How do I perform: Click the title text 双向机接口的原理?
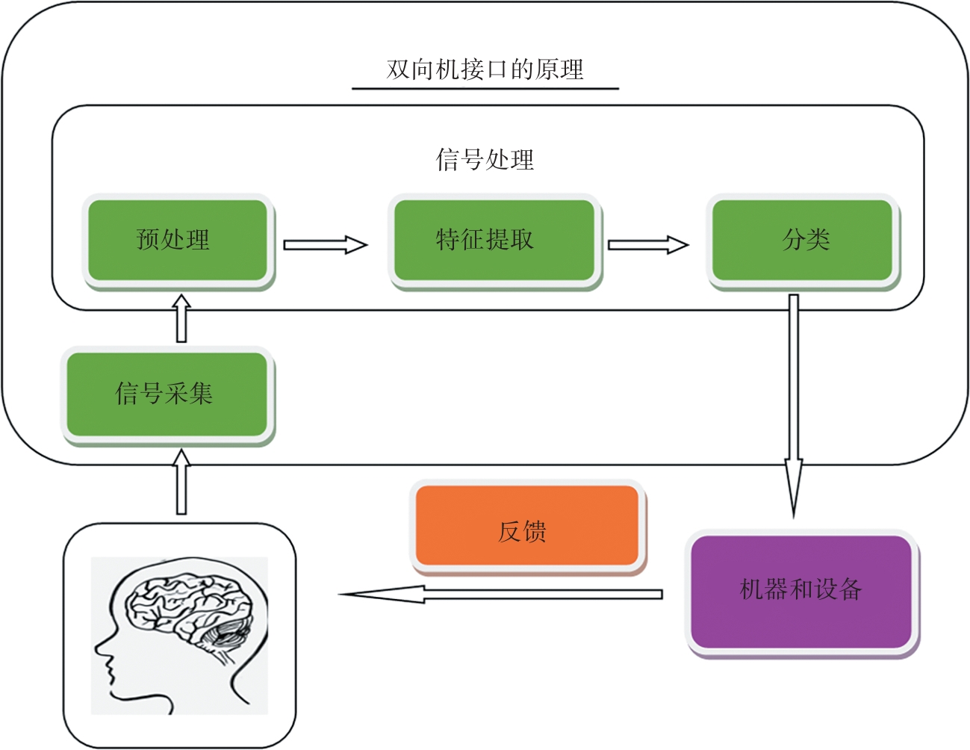[485, 69]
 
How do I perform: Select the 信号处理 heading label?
[485, 159]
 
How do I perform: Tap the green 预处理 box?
[177, 240]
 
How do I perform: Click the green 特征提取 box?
[494, 240]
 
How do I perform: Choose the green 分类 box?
[802, 240]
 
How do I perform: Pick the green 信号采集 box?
[167, 394]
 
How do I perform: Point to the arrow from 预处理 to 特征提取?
[325, 244]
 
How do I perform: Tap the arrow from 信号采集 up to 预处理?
[181, 318]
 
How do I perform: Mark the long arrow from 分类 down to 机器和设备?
[793, 403]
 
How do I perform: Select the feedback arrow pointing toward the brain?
[500, 595]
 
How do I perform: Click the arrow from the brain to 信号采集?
[181, 482]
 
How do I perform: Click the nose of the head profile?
[99, 648]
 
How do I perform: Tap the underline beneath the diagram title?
[485, 89]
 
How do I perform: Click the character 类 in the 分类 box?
[818, 240]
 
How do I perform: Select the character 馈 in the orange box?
[535, 532]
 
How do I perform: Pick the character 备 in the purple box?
[850, 589]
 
